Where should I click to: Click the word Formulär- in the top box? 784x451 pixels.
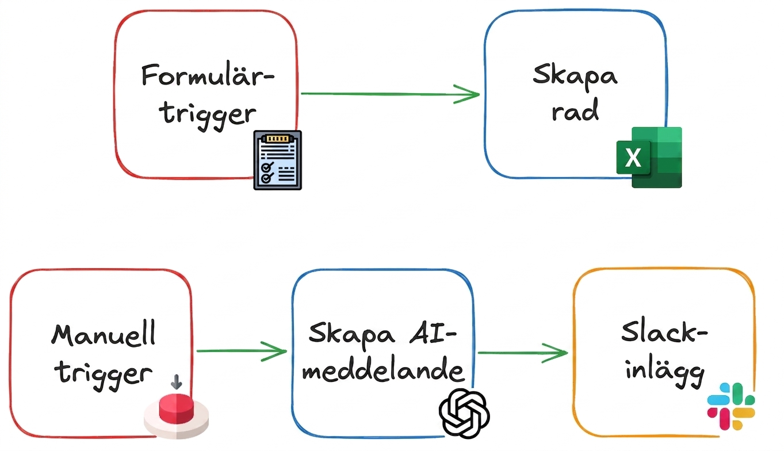click(x=208, y=75)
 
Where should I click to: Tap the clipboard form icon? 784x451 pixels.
click(x=278, y=160)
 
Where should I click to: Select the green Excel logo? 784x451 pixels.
click(x=649, y=157)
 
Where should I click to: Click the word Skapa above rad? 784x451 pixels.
click(x=575, y=75)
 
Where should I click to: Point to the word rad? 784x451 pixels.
click(x=575, y=110)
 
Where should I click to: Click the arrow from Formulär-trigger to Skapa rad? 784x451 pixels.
click(x=390, y=94)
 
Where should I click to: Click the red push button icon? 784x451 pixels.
click(x=177, y=415)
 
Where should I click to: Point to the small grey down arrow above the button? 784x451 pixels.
click(x=177, y=382)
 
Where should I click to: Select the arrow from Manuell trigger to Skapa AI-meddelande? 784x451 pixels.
click(x=242, y=351)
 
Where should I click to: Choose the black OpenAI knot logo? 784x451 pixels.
click(x=464, y=414)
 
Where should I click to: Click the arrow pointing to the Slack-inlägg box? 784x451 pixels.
click(x=523, y=353)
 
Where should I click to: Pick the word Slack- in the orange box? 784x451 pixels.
click(x=664, y=332)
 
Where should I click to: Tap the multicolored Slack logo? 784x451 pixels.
click(x=731, y=406)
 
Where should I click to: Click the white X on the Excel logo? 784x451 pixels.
click(x=633, y=158)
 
